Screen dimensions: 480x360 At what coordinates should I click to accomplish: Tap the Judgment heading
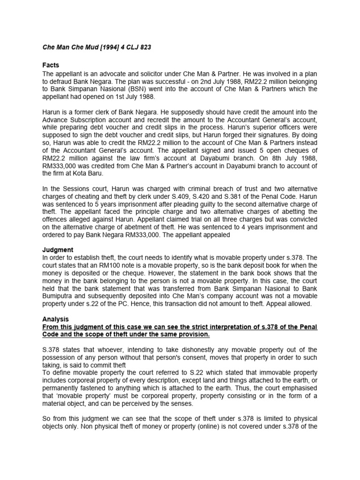pos(58,250)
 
